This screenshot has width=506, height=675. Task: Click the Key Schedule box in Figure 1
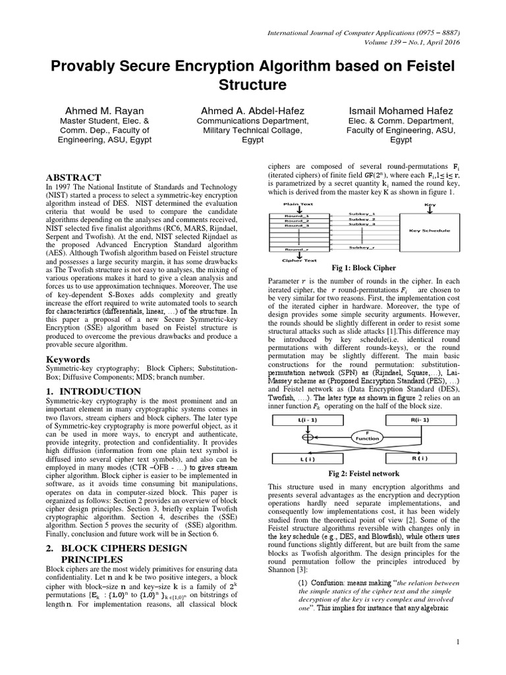click(429, 231)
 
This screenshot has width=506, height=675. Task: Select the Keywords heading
click(67, 359)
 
